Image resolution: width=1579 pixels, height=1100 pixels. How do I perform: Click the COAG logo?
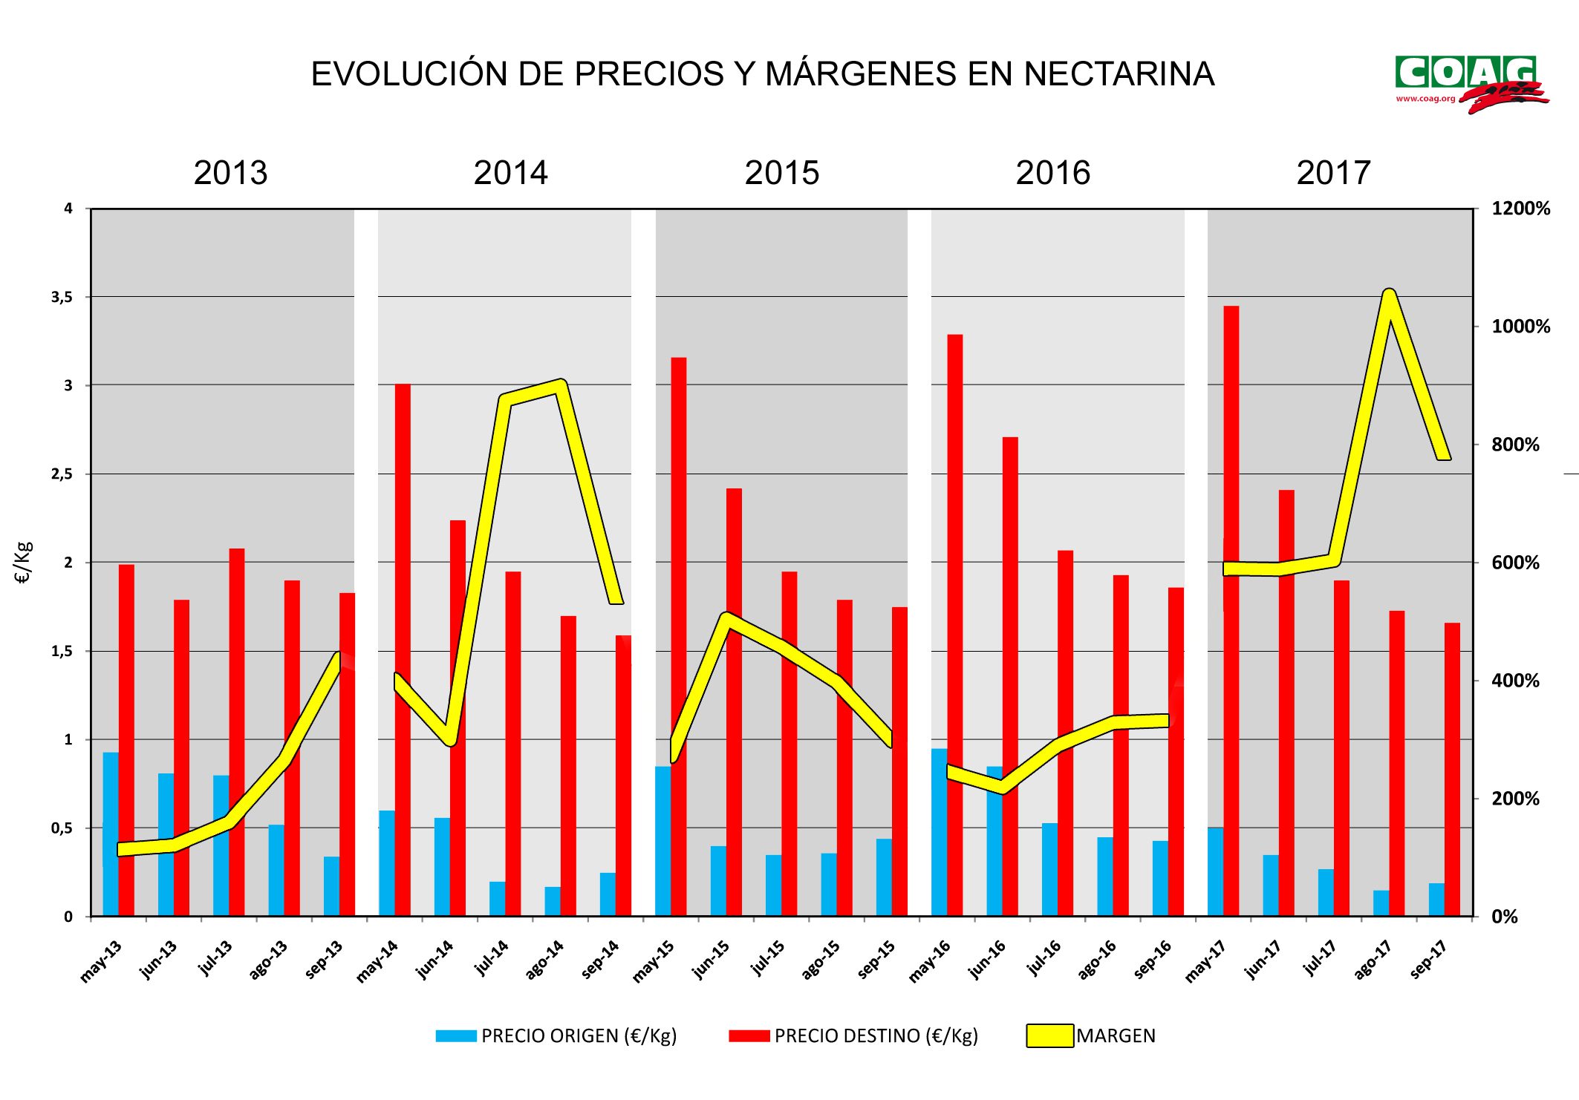(1469, 83)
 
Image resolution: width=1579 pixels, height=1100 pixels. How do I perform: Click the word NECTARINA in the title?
(1119, 74)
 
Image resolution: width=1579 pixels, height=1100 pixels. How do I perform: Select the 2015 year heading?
(781, 173)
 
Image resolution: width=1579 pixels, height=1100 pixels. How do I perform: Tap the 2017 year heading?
(1333, 173)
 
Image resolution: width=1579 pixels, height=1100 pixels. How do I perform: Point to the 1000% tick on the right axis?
(1520, 327)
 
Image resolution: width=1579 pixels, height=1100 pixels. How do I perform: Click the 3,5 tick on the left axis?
(62, 297)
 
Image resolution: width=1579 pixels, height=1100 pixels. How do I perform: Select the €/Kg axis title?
(24, 562)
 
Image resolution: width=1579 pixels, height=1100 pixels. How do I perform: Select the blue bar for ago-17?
(1381, 903)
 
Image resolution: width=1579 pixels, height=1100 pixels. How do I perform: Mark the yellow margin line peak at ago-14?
(561, 384)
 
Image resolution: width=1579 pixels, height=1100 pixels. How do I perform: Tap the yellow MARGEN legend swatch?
(1049, 1035)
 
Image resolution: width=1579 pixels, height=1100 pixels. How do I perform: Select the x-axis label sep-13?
(325, 959)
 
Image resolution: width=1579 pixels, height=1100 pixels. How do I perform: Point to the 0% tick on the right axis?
(1505, 917)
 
